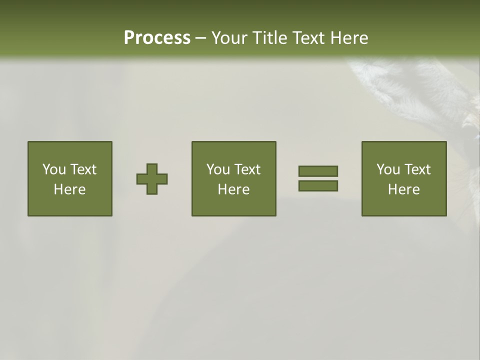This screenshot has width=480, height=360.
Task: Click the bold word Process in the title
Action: click(x=157, y=38)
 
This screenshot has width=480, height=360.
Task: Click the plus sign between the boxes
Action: click(x=152, y=179)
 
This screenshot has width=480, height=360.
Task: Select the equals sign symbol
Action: click(x=318, y=178)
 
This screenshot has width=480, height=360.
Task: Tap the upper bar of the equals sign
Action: click(x=318, y=171)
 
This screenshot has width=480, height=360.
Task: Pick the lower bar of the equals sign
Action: click(x=318, y=186)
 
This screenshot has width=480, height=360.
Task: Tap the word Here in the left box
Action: click(x=70, y=189)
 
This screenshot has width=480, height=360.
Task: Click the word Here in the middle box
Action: click(x=234, y=189)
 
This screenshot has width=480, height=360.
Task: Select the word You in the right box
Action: click(x=388, y=169)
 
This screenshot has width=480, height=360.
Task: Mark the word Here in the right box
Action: click(x=404, y=189)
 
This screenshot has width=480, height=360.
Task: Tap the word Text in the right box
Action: click(x=418, y=169)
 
